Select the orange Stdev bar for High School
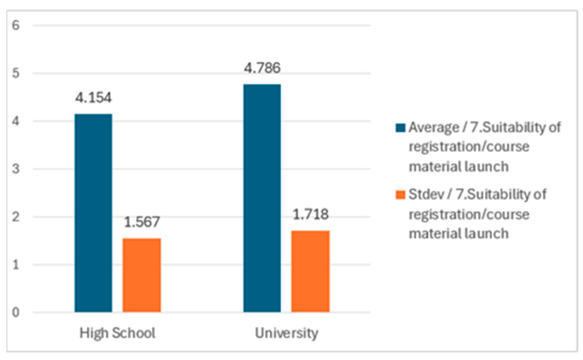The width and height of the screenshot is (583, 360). (142, 275)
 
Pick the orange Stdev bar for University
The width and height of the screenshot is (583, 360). (310, 271)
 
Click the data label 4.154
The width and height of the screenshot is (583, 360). (93, 98)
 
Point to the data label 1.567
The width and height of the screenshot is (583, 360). (142, 222)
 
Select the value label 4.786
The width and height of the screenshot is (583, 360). (262, 68)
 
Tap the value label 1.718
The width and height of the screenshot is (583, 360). (310, 214)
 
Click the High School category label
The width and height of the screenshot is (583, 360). (117, 333)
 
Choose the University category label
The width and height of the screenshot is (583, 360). (286, 333)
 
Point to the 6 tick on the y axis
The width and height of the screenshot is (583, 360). (16, 25)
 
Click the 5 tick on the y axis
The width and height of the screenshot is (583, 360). (16, 73)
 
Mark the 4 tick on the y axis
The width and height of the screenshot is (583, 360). (16, 121)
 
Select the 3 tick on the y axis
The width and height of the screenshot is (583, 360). (16, 169)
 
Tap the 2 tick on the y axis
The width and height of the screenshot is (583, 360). (16, 217)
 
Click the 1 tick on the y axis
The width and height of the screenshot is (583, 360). (16, 265)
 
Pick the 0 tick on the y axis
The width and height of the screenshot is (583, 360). (16, 312)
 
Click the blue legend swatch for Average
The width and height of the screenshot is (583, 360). (400, 128)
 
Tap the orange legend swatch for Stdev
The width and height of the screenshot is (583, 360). (400, 195)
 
